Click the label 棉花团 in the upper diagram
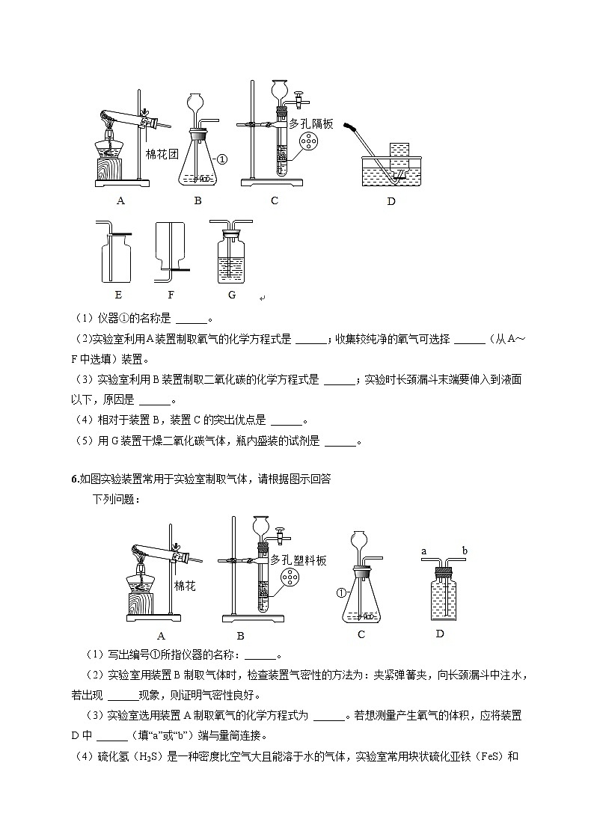(x=162, y=154)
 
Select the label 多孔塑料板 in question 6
(x=298, y=560)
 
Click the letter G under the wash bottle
(x=232, y=295)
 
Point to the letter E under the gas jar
(x=118, y=295)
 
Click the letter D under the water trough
(x=391, y=200)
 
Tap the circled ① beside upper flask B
(x=222, y=159)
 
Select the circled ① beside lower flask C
(x=342, y=593)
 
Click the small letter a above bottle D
(x=423, y=551)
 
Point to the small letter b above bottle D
(x=465, y=551)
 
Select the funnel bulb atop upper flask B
(x=195, y=100)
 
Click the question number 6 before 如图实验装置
(x=74, y=479)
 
